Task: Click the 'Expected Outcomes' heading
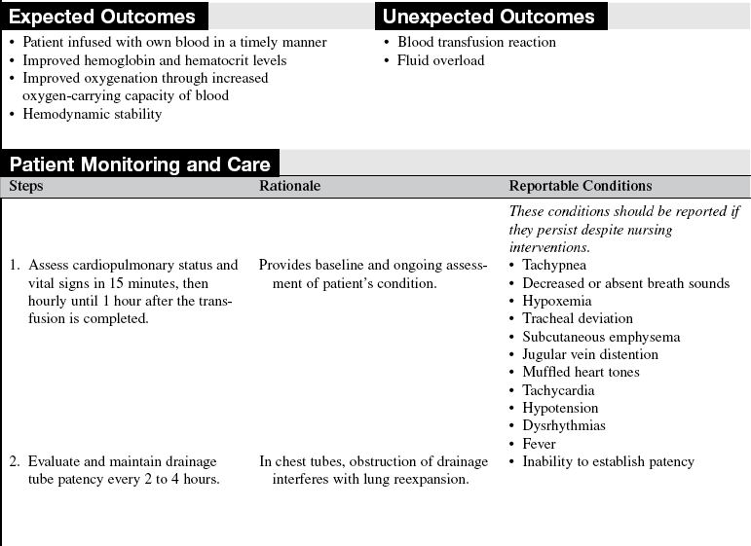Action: [102, 17]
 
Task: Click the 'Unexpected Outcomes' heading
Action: [488, 17]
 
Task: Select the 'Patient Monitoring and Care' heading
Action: [139, 164]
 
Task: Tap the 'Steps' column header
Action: [26, 186]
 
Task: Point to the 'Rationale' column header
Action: [289, 186]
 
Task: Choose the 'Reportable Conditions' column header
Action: [581, 186]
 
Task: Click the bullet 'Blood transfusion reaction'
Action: [476, 42]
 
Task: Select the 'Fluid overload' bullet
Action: [440, 60]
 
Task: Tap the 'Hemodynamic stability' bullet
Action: [93, 114]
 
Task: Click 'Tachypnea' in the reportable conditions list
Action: [554, 265]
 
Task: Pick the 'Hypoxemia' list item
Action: [555, 301]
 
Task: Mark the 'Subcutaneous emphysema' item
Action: [601, 337]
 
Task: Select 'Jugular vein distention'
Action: [588, 354]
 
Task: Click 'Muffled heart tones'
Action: [581, 372]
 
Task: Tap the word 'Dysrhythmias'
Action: [564, 425]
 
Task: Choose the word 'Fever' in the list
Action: [539, 444]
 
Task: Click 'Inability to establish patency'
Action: [608, 461]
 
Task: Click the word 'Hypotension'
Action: [560, 408]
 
